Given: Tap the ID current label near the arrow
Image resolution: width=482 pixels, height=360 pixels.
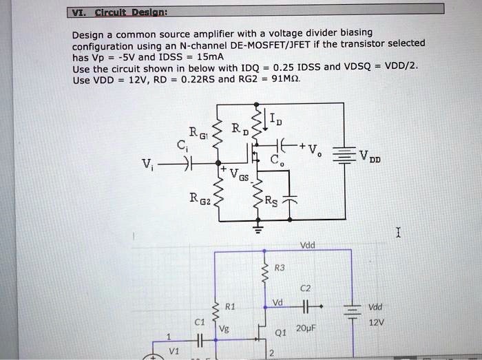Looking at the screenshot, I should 274,123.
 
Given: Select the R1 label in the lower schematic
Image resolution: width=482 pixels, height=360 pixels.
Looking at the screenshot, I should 231,306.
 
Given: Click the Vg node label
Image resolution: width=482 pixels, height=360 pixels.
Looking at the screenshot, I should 222,330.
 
